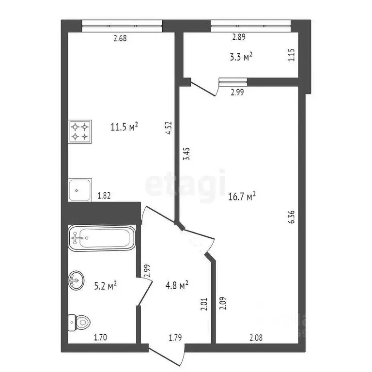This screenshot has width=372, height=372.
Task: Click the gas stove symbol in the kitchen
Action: tap(80, 132)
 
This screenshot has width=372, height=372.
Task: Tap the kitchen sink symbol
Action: tap(80, 190)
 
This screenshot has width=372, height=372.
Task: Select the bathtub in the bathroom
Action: tap(102, 238)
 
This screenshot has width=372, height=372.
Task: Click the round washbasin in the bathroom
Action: tap(76, 280)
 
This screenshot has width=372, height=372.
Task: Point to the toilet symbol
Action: tap(79, 323)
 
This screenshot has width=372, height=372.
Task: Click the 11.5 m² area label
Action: tap(124, 127)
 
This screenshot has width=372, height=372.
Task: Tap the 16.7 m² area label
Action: tap(242, 197)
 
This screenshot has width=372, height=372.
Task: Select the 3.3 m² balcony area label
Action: tap(241, 57)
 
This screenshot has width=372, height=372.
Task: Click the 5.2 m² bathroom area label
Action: tap(106, 286)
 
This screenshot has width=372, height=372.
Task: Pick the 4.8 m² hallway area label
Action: tap(177, 285)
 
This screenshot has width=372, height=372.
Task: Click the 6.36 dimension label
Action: tap(292, 217)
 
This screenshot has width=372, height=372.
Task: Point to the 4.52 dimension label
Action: tap(169, 128)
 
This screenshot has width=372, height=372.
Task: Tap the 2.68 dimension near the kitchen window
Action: tap(120, 38)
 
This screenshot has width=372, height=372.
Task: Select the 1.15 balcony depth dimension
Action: tap(292, 55)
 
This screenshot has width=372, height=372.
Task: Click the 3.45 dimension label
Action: tap(187, 154)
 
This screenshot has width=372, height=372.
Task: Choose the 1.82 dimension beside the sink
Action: tap(104, 196)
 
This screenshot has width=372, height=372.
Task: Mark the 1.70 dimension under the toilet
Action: tap(100, 337)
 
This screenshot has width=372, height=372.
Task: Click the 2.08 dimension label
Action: tap(256, 337)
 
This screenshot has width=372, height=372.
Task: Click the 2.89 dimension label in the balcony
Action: tap(239, 37)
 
